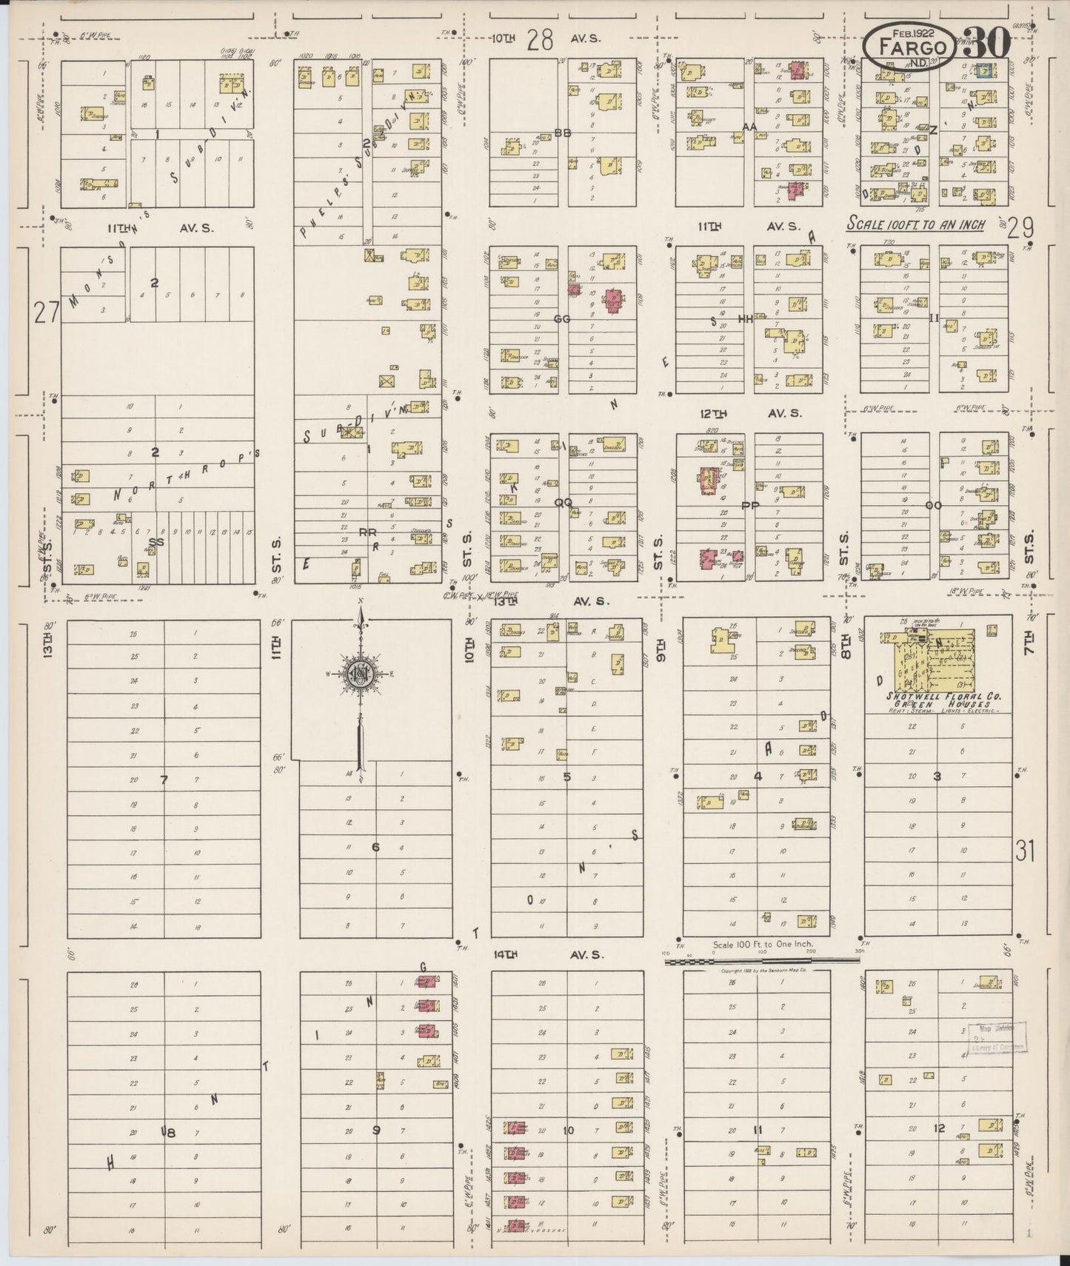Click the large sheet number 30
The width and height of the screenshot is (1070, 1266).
click(987, 44)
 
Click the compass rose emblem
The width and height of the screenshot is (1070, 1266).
click(360, 676)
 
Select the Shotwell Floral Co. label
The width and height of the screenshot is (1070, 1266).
click(937, 696)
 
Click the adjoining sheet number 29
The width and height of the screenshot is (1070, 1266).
click(1020, 228)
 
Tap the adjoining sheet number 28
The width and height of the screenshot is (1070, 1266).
click(541, 41)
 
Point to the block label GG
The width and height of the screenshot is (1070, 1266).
click(562, 319)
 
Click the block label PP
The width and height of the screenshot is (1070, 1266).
click(750, 506)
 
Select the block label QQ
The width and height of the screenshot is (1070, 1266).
click(563, 502)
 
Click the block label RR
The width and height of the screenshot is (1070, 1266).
click(367, 532)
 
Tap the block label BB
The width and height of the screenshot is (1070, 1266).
click(563, 133)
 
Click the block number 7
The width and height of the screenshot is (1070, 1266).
click(164, 779)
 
